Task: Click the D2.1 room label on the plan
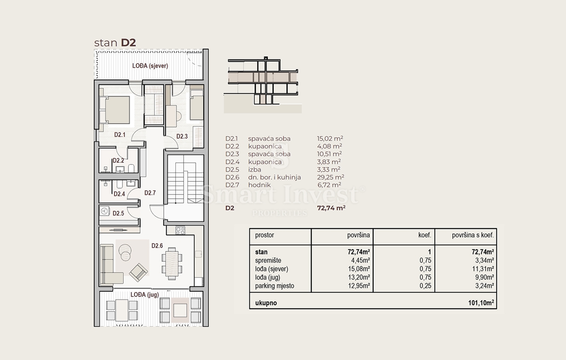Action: click(120, 135)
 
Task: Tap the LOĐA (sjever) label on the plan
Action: click(150, 66)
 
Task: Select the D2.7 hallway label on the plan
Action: click(150, 193)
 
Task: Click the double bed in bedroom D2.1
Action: click(115, 110)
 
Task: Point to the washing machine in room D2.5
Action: click(104, 211)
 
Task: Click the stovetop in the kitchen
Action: click(180, 230)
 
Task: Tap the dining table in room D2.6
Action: click(172, 263)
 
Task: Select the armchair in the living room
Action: click(138, 272)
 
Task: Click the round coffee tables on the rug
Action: click(125, 252)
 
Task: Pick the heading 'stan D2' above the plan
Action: click(115, 43)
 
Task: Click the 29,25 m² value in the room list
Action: click(331, 177)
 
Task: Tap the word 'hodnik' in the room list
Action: click(259, 185)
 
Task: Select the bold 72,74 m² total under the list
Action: click(331, 208)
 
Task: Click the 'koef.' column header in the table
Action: click(425, 235)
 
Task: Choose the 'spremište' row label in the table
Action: click(268, 260)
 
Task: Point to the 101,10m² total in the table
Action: click(481, 302)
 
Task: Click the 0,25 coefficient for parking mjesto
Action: click(425, 285)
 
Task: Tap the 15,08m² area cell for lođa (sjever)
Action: click(359, 269)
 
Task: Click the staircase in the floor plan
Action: click(185, 179)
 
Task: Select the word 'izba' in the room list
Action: click(255, 169)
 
